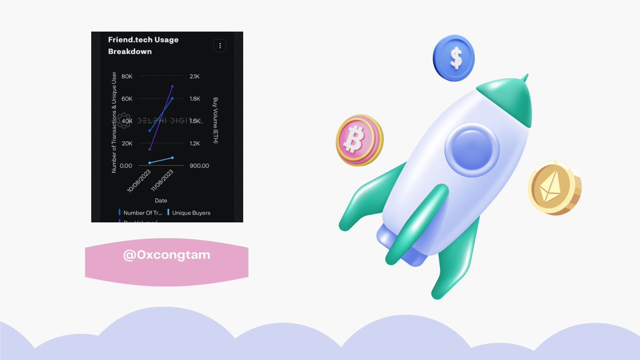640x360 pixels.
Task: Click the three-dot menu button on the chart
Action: [220, 45]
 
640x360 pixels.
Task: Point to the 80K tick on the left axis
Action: [126, 76]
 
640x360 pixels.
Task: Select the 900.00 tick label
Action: [199, 166]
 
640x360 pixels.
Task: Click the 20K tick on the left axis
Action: [126, 143]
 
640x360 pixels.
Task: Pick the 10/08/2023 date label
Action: [140, 181]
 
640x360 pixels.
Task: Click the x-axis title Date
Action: [161, 201]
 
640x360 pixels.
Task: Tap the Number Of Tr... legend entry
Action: [142, 213]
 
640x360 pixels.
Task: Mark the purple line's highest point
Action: [172, 86]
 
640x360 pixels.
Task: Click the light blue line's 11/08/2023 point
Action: [172, 157]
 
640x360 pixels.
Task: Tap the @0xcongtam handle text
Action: [166, 255]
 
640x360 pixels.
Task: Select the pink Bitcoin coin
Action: [358, 139]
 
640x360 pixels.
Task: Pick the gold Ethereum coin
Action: [554, 188]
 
